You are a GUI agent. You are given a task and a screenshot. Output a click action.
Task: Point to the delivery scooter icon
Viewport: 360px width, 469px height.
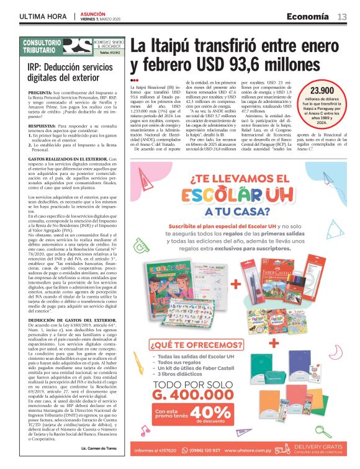282,450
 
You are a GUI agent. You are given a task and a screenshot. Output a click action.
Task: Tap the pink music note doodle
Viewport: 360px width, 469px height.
145,430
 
